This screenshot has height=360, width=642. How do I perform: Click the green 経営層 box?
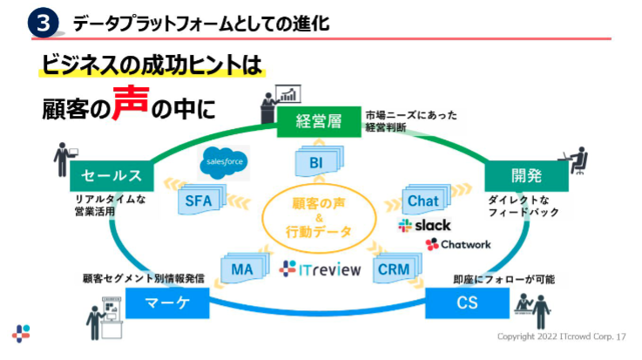click(x=318, y=122)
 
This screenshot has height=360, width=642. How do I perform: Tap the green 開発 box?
click(x=526, y=176)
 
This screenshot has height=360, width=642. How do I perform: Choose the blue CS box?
click(x=465, y=305)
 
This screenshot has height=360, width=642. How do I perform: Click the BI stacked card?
click(x=316, y=163)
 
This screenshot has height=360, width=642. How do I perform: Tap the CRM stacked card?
click(x=394, y=269)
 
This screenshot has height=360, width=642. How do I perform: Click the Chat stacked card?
click(x=424, y=201)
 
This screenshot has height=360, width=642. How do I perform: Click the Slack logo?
click(x=424, y=226)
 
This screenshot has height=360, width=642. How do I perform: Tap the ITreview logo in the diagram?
click(x=320, y=269)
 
